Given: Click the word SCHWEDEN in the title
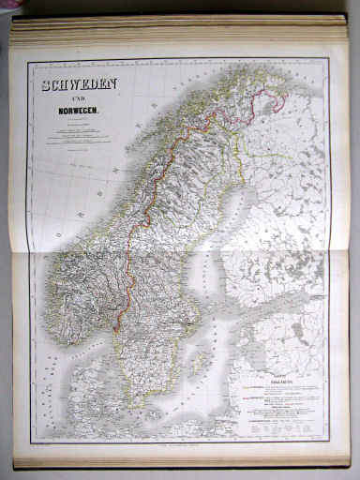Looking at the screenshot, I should point(79,85).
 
